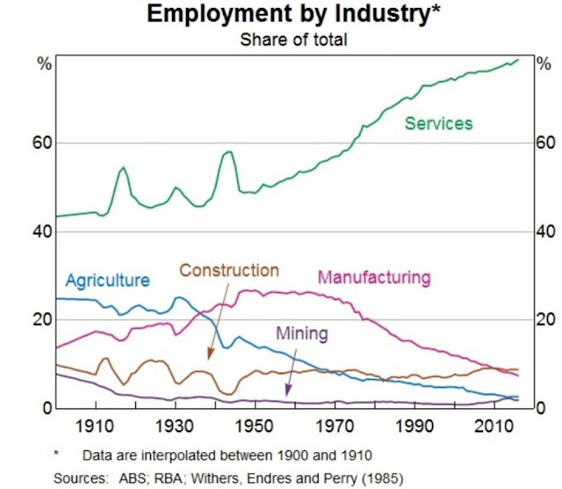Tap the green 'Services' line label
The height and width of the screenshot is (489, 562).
pyautogui.click(x=438, y=124)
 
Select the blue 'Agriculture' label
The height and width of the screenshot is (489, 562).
pyautogui.click(x=108, y=281)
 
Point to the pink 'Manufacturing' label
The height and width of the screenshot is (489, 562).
pyautogui.click(x=374, y=278)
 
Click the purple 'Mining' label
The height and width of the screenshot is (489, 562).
pyautogui.click(x=302, y=333)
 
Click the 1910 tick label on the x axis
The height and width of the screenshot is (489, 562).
pyautogui.click(x=97, y=427)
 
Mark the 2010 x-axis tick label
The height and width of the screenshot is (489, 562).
pyautogui.click(x=494, y=427)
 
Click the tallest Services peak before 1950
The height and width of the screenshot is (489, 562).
pyautogui.click(x=229, y=152)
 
